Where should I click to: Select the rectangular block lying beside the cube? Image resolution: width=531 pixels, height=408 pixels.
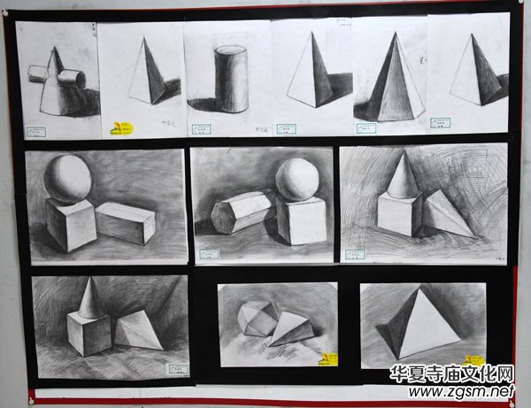(126, 222)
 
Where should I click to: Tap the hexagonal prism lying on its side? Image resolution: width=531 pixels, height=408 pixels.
(242, 212)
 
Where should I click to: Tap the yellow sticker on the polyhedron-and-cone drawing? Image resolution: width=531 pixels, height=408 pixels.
(328, 358)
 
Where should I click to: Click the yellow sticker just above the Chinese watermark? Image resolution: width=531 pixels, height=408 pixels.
(474, 360)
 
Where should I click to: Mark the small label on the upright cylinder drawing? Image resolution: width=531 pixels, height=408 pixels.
(286, 128)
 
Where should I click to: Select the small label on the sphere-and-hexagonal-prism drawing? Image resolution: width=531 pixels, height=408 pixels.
(209, 254)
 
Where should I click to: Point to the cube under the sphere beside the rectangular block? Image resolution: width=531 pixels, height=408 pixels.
(71, 224)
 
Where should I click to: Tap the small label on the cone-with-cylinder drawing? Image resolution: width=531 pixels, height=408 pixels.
(35, 132)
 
